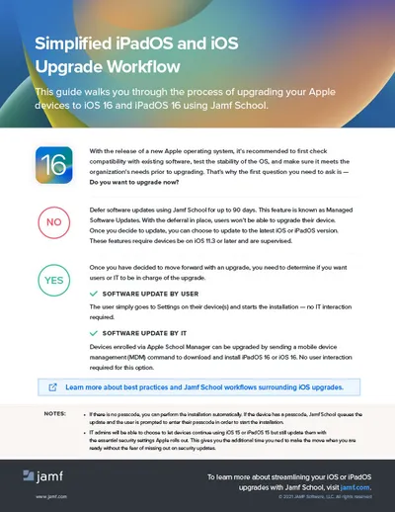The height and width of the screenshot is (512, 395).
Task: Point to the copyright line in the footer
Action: (315, 497)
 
